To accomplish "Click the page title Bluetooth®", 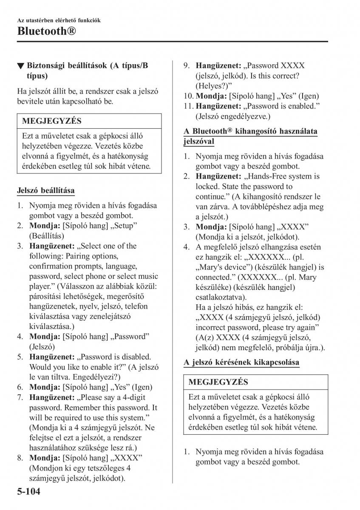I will coord(47,31).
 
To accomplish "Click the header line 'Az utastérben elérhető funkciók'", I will coord(59,20).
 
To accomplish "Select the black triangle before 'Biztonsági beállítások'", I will coord(20,66).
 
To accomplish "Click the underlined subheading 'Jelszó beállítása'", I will coord(45,191).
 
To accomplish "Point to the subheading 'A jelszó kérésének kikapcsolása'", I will coord(241,362).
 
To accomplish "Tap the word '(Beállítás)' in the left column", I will coord(46,235).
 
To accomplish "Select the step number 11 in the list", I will coord(188,106).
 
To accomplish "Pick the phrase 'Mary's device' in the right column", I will coord(221,267).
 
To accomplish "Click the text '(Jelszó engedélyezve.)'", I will coord(233,116).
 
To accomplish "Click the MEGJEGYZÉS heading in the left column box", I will coord(51,121).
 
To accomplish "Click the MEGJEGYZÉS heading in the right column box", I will coord(218,382).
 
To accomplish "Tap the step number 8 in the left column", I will coord(20,458).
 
